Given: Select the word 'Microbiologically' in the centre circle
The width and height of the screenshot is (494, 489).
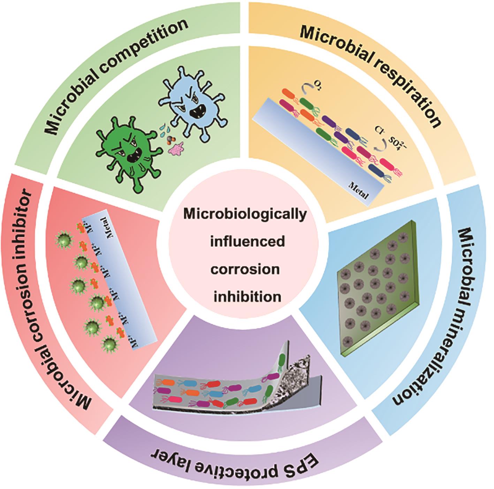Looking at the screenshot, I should pyautogui.click(x=246, y=214).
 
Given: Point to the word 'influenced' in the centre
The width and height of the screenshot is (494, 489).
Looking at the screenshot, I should pyautogui.click(x=247, y=241).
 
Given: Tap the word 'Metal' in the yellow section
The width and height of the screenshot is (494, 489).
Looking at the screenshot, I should pyautogui.click(x=359, y=190).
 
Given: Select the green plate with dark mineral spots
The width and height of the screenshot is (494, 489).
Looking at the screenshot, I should pyautogui.click(x=377, y=289).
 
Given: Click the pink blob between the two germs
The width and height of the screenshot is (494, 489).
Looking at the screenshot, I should pyautogui.click(x=177, y=148).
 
